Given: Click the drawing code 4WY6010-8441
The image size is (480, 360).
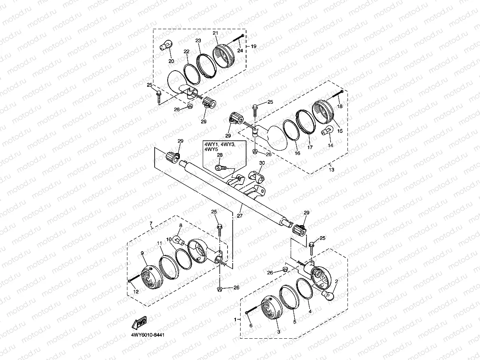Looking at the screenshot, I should (x=148, y=335).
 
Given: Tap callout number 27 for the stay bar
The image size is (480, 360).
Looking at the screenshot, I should (x=239, y=215).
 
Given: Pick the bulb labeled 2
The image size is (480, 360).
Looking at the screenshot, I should (x=329, y=295).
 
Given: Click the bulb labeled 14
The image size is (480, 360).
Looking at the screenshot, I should (x=327, y=131).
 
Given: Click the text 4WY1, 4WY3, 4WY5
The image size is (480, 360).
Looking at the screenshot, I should (x=220, y=147).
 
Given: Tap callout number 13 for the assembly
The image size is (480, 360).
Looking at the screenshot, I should (x=331, y=170).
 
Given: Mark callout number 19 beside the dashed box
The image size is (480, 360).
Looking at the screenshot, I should (x=254, y=46).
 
